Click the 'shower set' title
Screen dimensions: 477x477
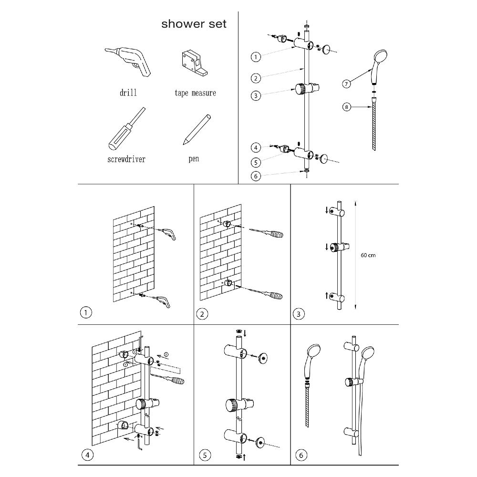(194, 24)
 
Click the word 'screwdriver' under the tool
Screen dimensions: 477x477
(126, 158)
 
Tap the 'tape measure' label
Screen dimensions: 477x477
(195, 93)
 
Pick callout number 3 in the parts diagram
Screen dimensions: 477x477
(256, 95)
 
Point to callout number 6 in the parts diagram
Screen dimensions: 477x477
(256, 176)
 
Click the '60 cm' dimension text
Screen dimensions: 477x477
(368, 255)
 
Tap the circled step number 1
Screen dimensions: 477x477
(85, 313)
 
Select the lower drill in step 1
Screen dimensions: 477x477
(164, 301)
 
